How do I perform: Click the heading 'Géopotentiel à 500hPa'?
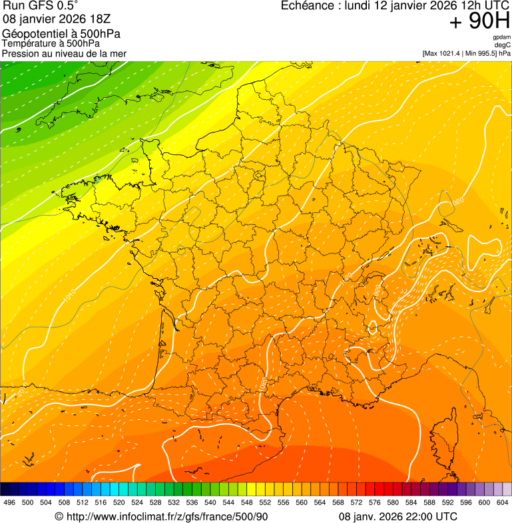click(61, 34)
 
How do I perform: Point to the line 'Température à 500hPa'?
click(56, 44)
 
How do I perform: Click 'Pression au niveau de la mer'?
click(64, 53)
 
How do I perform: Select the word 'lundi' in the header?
click(359, 6)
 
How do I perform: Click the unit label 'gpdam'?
click(501, 37)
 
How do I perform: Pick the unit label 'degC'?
click(503, 45)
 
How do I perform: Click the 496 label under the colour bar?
click(9, 502)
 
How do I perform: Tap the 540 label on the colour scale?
click(210, 502)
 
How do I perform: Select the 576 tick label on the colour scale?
click(375, 502)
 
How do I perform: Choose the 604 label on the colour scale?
click(503, 502)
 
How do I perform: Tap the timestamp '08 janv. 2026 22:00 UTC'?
click(398, 516)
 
